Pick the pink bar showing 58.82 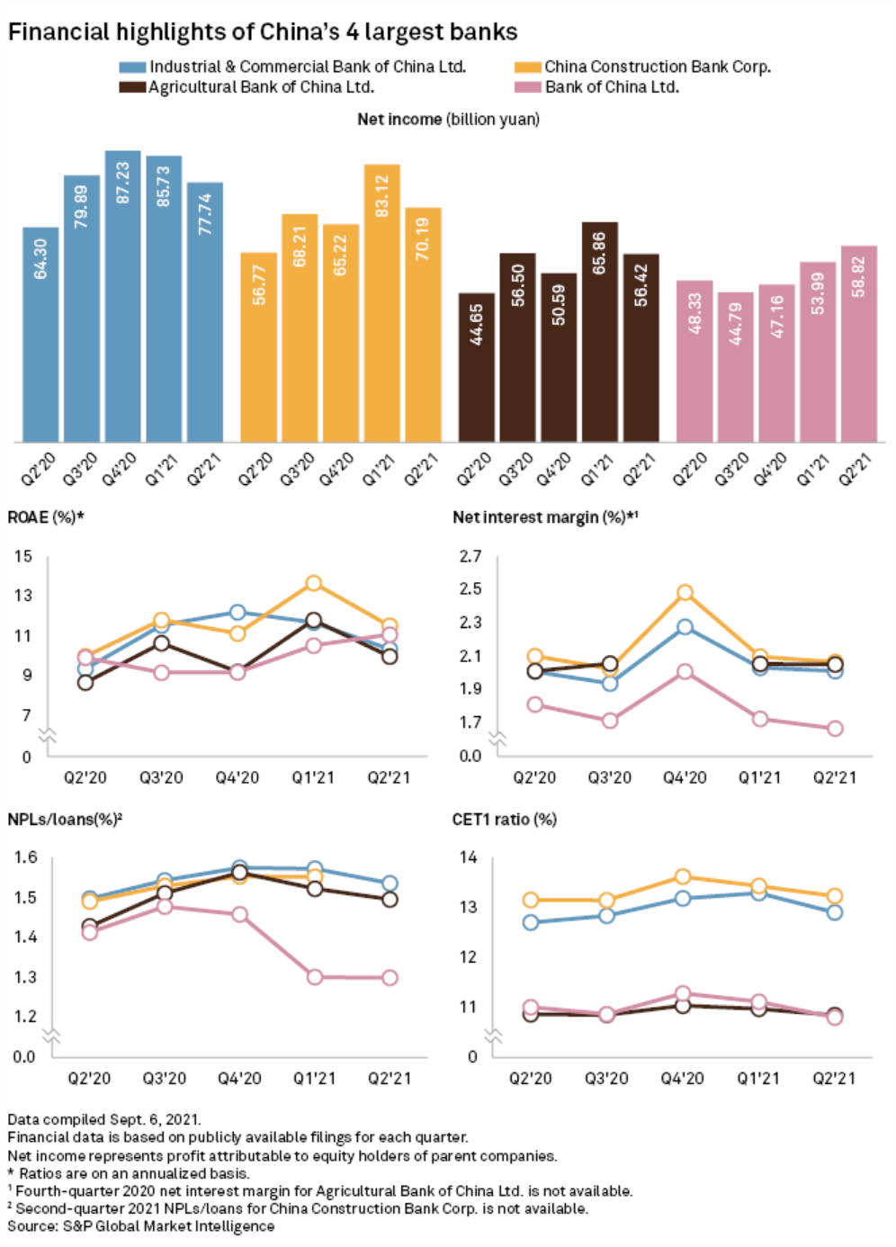click(x=858, y=343)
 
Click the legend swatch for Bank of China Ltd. click(x=527, y=87)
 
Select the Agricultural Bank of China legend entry click(x=261, y=87)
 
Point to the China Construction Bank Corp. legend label click(x=657, y=67)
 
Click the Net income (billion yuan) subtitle click(x=448, y=119)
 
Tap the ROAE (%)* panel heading click(x=46, y=517)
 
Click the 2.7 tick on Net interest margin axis click(x=470, y=556)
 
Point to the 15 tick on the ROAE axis click(x=22, y=556)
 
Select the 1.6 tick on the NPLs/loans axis click(x=25, y=857)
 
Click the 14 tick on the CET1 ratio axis click(x=468, y=857)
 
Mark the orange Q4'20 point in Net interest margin click(x=685, y=593)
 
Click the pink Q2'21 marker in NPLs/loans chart click(x=390, y=978)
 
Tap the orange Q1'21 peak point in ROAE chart click(x=313, y=584)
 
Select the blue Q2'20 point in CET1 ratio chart click(x=531, y=922)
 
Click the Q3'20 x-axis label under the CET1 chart click(x=606, y=1078)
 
